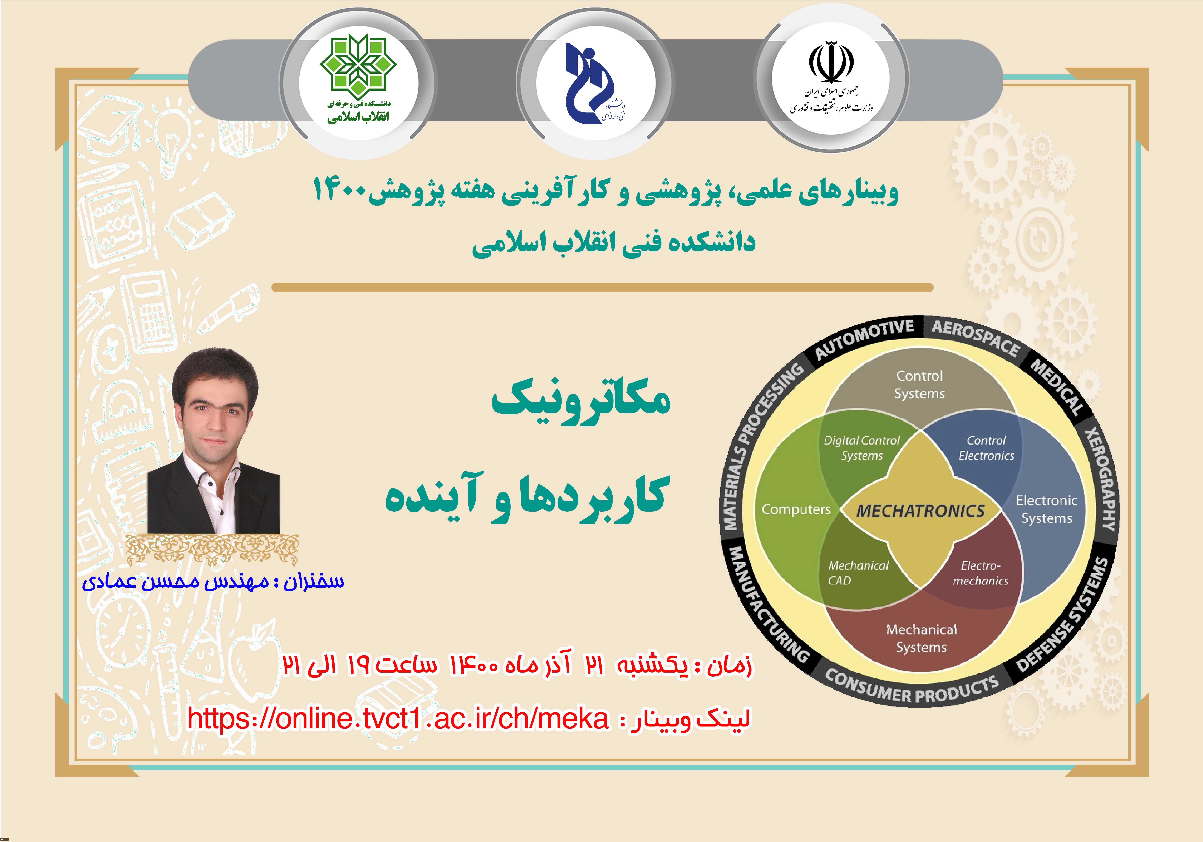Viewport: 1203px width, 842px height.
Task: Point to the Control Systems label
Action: pos(920,385)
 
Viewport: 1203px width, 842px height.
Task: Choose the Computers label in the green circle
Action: pos(796,509)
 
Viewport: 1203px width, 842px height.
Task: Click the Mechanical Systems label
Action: pos(921,638)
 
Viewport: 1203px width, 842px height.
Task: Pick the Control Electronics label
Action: pos(986,448)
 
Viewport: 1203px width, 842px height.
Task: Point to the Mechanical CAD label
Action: pos(858,573)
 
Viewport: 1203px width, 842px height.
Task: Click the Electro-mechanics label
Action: pos(980,573)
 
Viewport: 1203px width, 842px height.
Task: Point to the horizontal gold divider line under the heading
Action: pos(602,287)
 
